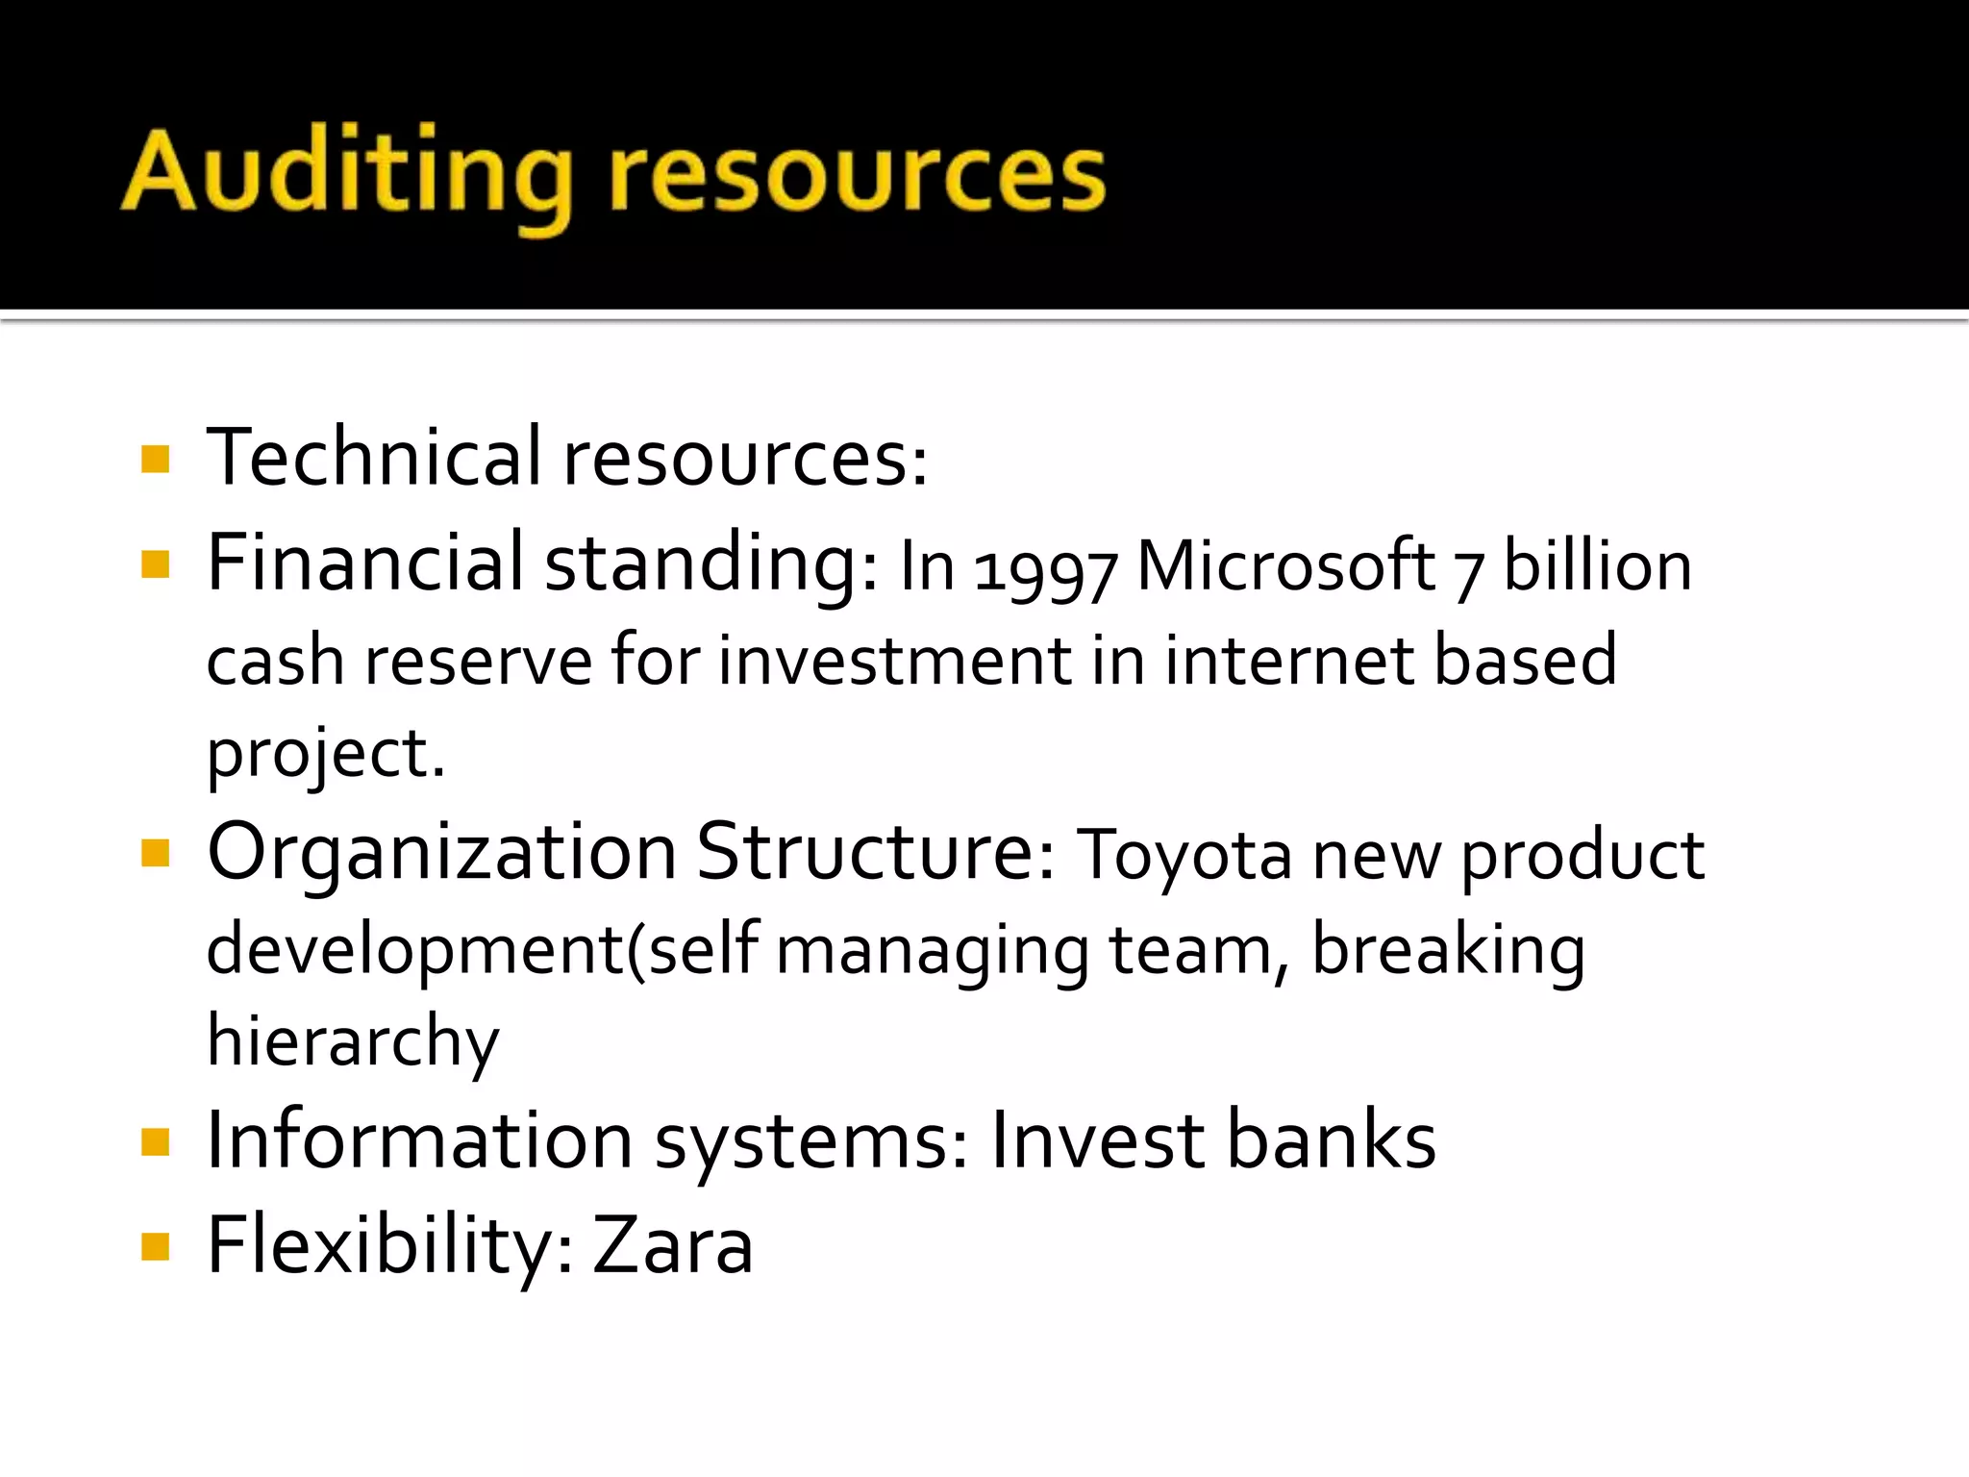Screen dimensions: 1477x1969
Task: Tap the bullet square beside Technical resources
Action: [x=155, y=459]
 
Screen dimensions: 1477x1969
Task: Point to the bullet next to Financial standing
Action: [x=155, y=563]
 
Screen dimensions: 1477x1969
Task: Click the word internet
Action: [x=1288, y=661]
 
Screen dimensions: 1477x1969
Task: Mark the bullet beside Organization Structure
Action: [x=155, y=853]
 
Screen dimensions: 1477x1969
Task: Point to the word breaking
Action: [x=1448, y=950]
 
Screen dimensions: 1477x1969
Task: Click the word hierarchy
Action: [x=353, y=1041]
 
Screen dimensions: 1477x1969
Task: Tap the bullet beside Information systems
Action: [x=155, y=1141]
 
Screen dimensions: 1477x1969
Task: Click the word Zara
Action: [x=672, y=1245]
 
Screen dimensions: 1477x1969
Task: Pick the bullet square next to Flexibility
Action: [x=155, y=1246]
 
